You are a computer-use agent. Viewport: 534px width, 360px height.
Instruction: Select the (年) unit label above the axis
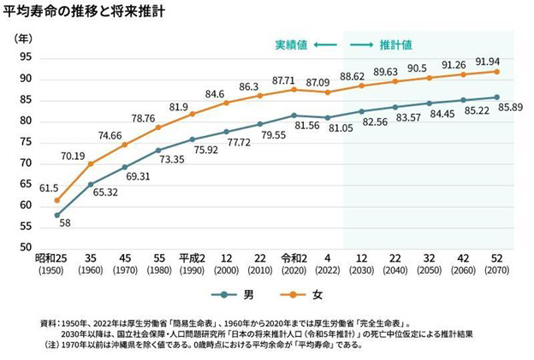(23, 38)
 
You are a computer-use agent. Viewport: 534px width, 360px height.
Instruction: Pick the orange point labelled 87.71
(294, 89)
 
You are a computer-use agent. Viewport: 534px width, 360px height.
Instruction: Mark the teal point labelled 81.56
(294, 115)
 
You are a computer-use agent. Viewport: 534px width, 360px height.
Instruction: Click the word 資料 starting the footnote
(50, 322)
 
